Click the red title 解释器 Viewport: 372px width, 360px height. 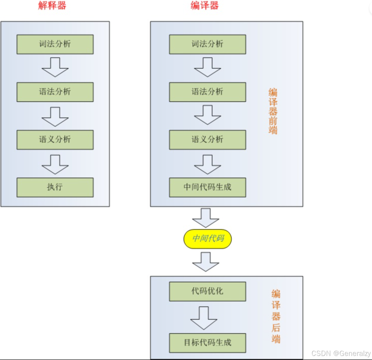[x=52, y=5]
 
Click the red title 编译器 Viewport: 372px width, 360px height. [x=204, y=5]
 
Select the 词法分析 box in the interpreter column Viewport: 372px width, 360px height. [x=55, y=44]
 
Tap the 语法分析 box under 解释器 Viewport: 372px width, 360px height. [x=55, y=92]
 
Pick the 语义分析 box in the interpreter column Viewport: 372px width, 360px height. [x=55, y=140]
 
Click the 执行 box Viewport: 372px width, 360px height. [x=55, y=187]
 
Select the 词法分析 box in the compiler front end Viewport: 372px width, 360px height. [x=208, y=44]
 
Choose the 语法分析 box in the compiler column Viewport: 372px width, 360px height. [x=208, y=92]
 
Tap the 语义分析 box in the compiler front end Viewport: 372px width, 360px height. [x=208, y=140]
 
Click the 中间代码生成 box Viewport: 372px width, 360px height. [x=208, y=187]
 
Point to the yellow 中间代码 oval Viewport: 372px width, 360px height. [x=208, y=239]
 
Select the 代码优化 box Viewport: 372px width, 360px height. [x=208, y=291]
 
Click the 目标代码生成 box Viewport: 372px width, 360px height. [x=208, y=343]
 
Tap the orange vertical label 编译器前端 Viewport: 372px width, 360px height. [x=273, y=111]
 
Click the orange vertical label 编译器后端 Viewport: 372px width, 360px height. [x=276, y=316]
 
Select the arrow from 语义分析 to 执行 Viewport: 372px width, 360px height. [x=55, y=164]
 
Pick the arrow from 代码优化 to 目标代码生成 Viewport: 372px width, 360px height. [x=204, y=318]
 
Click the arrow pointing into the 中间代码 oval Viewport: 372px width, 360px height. [x=206, y=217]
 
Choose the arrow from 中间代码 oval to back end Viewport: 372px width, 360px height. [x=206, y=261]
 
